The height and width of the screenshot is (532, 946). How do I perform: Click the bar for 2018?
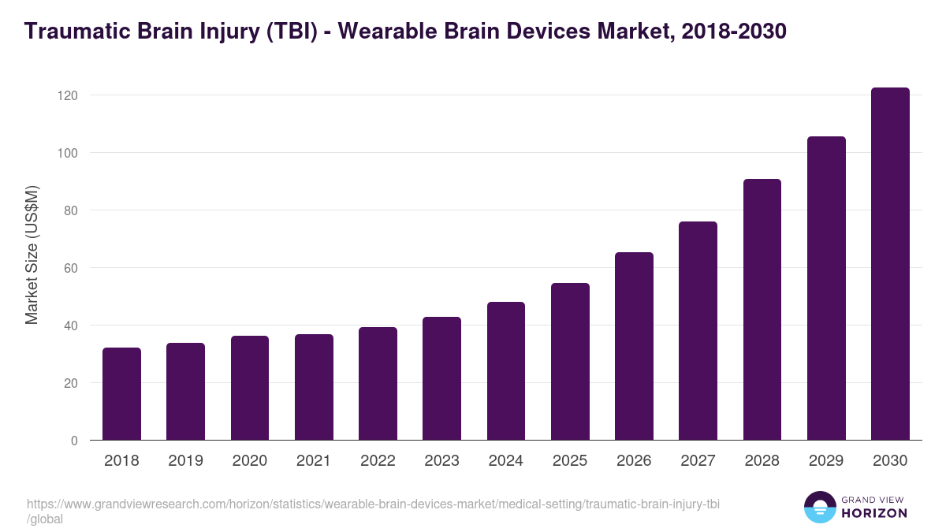[x=121, y=394]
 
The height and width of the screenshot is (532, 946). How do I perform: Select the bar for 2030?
[x=890, y=264]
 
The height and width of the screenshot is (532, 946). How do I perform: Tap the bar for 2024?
[x=506, y=371]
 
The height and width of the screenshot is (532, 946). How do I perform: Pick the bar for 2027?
[x=698, y=331]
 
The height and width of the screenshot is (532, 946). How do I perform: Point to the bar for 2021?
[x=314, y=387]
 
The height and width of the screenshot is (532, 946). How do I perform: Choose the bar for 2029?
[x=826, y=288]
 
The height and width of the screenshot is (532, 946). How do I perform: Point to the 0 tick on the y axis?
[x=73, y=441]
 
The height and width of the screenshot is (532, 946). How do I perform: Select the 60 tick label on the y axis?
[x=70, y=268]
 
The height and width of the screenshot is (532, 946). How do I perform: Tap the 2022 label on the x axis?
[x=378, y=461]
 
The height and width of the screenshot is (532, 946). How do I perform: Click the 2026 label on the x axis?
[x=634, y=461]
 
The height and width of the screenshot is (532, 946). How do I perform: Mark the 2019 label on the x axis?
[x=185, y=461]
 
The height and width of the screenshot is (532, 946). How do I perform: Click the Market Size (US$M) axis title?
[x=32, y=255]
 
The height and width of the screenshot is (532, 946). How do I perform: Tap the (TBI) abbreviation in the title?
[x=292, y=32]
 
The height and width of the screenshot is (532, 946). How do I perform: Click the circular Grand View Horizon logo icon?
[x=819, y=507]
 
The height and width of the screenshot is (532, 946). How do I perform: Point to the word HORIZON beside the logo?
[x=874, y=513]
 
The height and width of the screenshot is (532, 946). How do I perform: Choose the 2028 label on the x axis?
[x=762, y=461]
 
